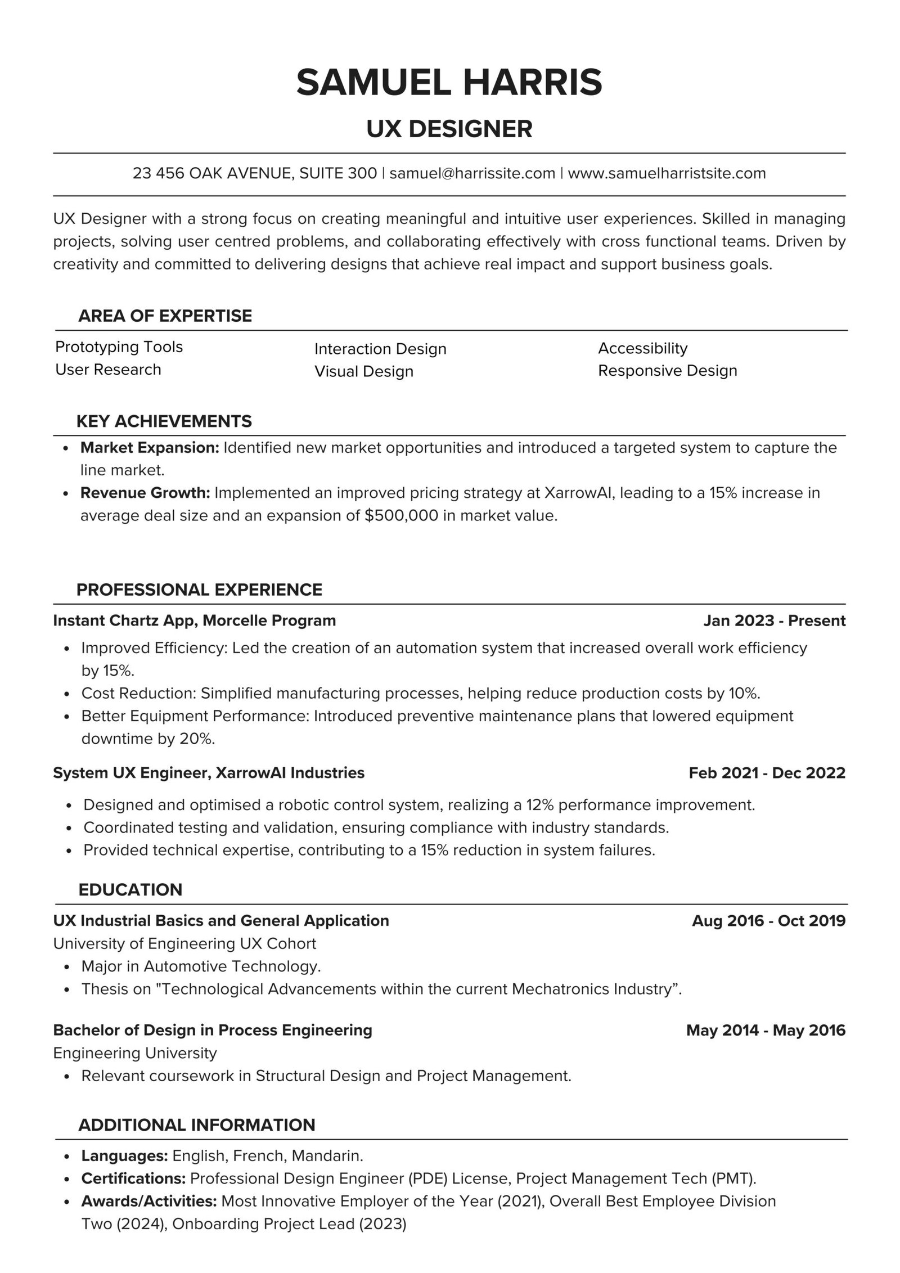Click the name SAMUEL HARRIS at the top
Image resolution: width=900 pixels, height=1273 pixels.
coord(449,82)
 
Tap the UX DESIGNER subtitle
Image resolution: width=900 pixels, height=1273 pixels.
coord(449,129)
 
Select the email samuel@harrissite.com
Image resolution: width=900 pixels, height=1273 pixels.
coord(472,173)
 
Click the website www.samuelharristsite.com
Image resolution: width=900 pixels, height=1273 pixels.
coord(667,173)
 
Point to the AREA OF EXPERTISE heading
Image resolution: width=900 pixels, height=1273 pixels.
coord(165,316)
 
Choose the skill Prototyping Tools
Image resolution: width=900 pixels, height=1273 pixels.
coord(119,347)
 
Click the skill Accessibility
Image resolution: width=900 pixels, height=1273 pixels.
coord(642,348)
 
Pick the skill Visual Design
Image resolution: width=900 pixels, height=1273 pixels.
coord(363,371)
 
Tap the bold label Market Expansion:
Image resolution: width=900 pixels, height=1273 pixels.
coord(150,448)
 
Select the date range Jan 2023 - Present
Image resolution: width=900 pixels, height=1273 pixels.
coord(774,620)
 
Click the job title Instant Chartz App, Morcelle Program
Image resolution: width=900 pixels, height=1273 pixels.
coord(194,620)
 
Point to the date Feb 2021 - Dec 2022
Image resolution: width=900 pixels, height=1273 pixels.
coord(767,773)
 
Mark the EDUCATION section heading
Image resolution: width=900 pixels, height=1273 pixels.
coord(130,889)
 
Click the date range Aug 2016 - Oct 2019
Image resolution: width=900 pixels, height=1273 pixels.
coord(768,921)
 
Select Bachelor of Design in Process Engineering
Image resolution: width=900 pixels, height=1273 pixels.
coord(213,1030)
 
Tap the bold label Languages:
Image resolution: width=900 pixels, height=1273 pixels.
coord(125,1156)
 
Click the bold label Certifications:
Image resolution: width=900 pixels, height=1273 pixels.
coord(134,1178)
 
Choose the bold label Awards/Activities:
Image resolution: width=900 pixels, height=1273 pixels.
coord(149,1202)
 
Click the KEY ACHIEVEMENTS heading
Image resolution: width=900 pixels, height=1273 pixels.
coord(164,421)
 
